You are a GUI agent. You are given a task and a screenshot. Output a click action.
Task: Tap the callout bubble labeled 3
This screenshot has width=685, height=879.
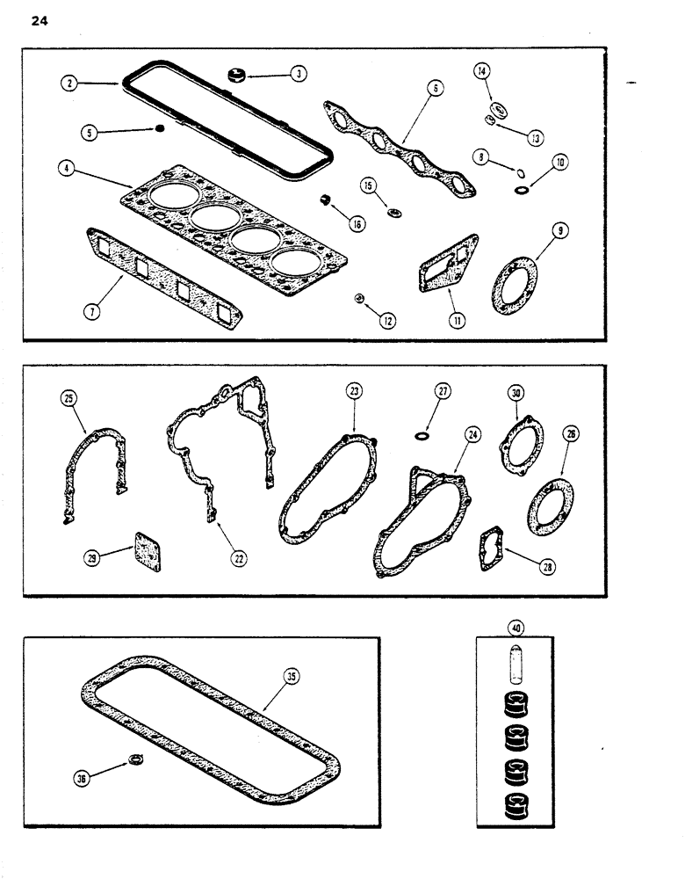pos(299,74)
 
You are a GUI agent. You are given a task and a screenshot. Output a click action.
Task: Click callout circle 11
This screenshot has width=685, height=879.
pos(457,322)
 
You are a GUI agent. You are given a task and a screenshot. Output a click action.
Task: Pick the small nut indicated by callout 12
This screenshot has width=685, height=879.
pos(359,300)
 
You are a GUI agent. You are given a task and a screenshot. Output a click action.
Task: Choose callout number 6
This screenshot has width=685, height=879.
pos(436,87)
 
